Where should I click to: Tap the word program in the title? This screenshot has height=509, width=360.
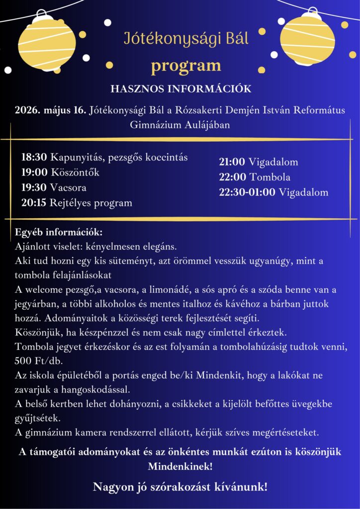186,65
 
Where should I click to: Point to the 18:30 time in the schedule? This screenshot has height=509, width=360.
34,158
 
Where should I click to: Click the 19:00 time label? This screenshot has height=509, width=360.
34,172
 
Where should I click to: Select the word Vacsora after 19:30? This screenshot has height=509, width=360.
68,188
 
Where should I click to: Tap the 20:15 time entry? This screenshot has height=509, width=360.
34,203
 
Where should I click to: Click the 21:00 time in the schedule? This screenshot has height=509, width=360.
232,162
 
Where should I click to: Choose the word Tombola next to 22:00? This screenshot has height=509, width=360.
270,177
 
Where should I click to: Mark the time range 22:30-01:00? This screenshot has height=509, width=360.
247,192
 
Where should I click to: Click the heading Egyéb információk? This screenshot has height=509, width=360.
59,232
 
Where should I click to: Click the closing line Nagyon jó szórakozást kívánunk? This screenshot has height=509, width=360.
180,487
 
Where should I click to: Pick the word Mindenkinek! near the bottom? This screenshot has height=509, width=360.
180,467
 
